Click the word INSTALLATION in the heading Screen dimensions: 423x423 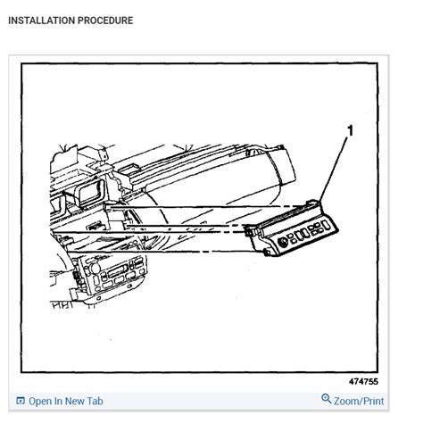38,21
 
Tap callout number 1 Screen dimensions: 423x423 350,131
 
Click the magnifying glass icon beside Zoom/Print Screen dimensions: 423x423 326,401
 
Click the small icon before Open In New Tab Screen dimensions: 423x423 21,402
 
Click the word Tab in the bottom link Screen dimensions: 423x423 94,402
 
